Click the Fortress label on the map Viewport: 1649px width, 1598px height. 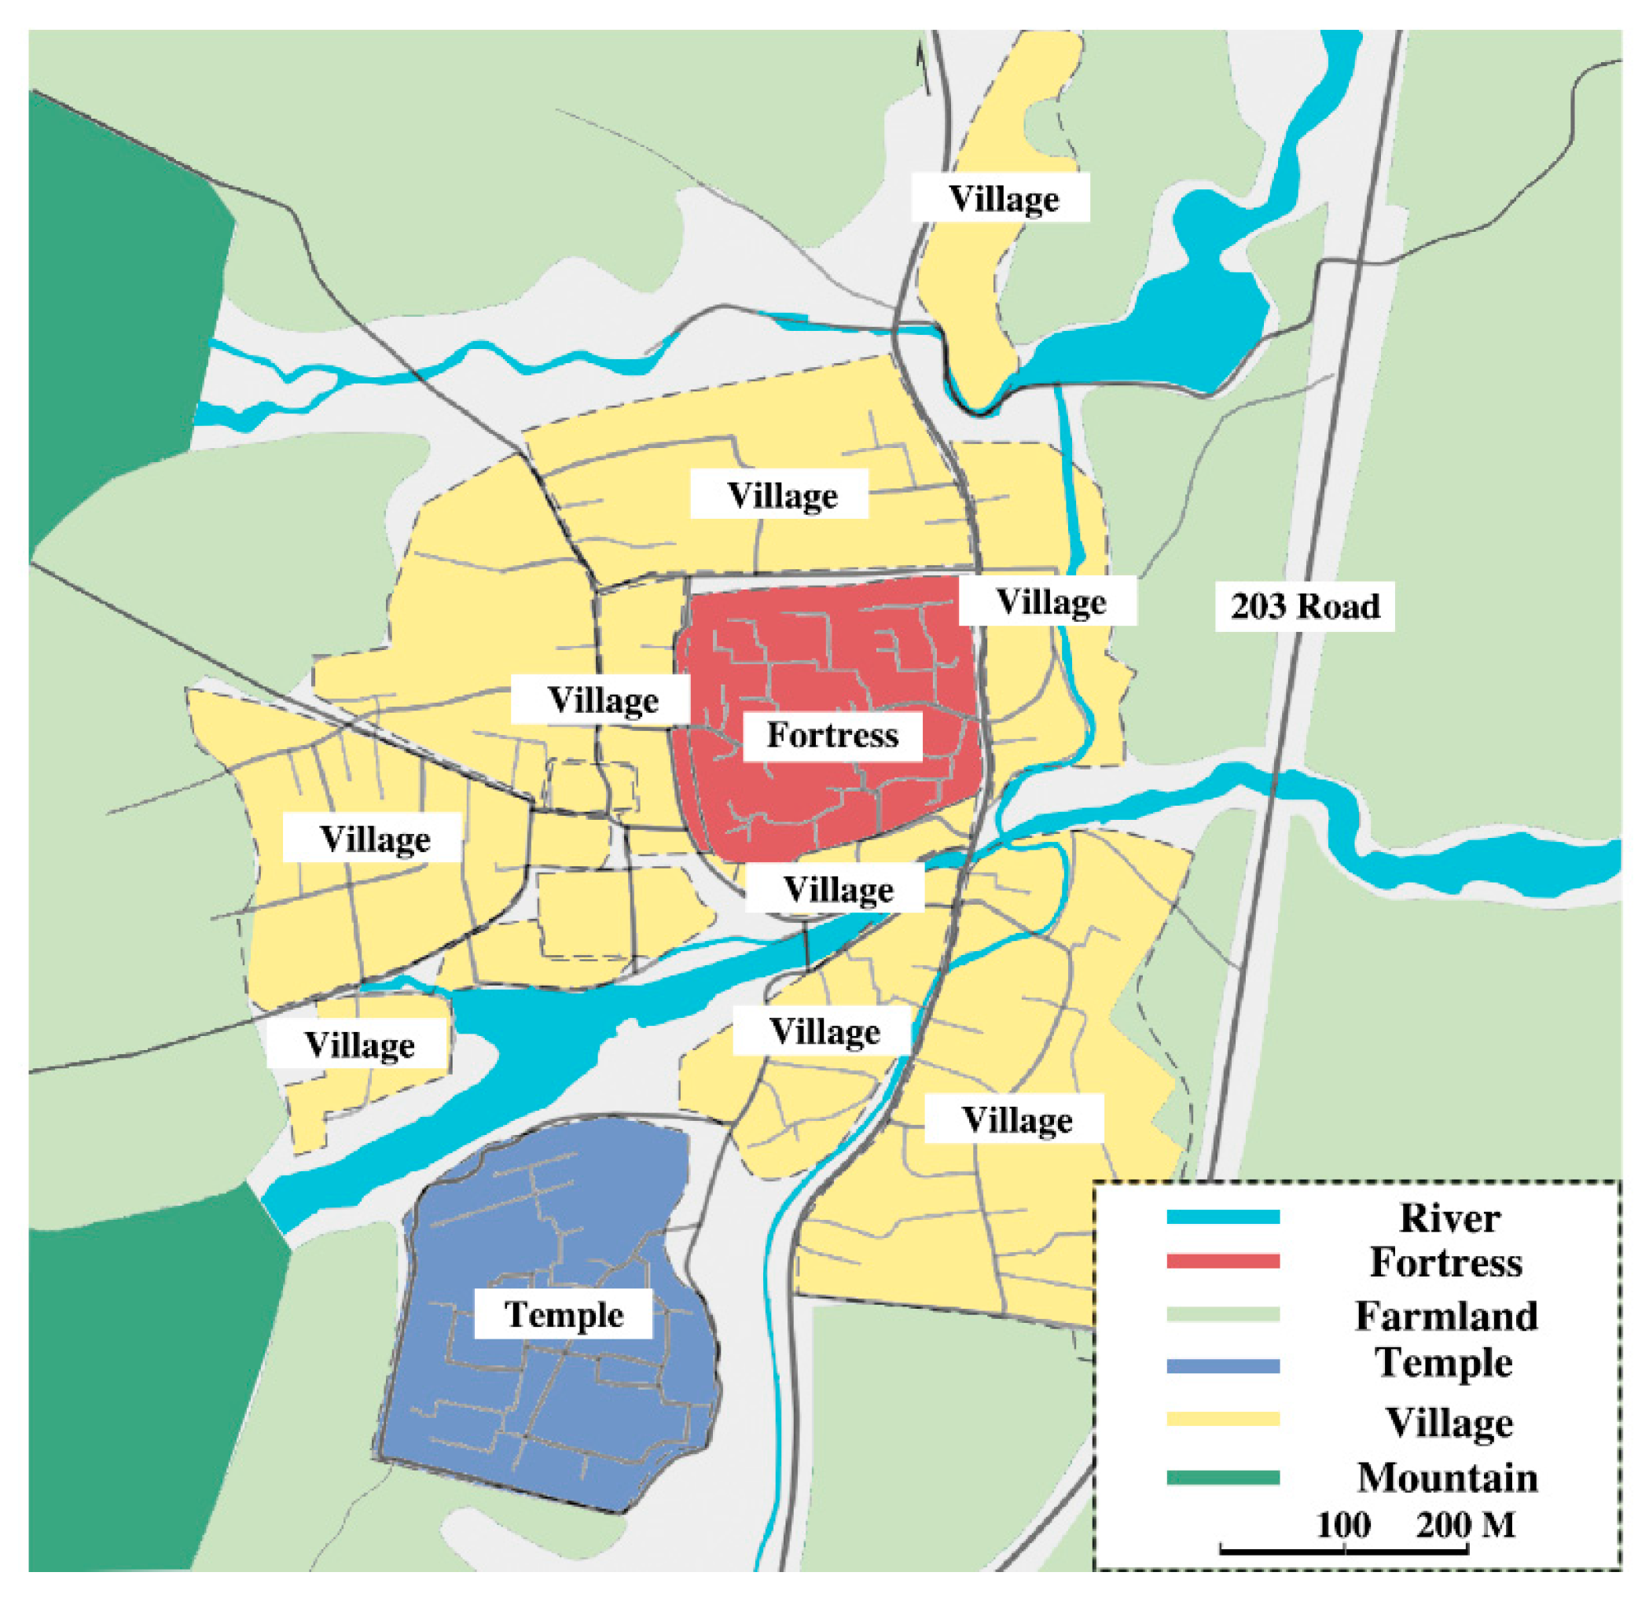832,736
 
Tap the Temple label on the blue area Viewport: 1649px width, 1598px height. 563,1313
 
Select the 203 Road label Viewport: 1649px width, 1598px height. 1304,606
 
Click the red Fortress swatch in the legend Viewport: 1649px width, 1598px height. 1222,1261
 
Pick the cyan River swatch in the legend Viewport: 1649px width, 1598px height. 1222,1216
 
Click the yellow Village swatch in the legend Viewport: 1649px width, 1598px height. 1222,1419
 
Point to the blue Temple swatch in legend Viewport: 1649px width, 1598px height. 1222,1366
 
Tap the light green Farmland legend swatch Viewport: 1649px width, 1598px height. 1222,1313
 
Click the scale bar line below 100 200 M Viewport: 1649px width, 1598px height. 1343,1548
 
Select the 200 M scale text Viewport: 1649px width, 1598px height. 1464,1524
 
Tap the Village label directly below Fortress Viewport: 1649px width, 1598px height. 838,890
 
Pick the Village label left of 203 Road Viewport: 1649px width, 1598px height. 1051,601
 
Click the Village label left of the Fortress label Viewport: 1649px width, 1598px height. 602,700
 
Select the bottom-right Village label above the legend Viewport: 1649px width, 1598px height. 1016,1119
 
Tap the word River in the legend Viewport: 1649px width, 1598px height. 1449,1218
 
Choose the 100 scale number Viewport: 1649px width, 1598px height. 1342,1524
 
